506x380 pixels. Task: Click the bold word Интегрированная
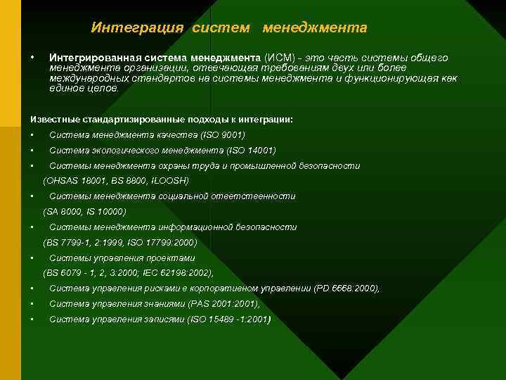(93, 57)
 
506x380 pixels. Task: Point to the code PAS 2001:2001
(224, 304)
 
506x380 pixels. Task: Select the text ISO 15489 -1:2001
(229, 319)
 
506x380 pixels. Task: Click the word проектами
(171, 258)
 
